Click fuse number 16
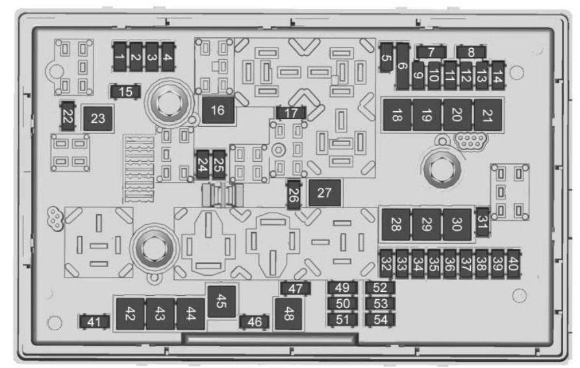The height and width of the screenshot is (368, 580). tap(218, 110)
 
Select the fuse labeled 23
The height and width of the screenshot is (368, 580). tap(97, 118)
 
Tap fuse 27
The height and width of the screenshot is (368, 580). tap(324, 192)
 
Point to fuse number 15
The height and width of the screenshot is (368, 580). tap(125, 92)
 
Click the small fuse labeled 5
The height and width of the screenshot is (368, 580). tap(386, 58)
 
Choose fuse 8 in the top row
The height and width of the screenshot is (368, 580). tap(470, 52)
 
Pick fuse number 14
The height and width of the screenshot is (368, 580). tap(498, 76)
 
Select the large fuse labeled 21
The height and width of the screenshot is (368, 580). tap(488, 115)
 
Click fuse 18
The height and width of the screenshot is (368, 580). tap(397, 115)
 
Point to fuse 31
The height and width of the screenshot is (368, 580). tap(483, 222)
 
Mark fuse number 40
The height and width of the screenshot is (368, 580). tap(513, 263)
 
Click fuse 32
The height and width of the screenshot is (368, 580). tap(386, 263)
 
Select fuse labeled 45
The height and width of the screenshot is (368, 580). tap(221, 302)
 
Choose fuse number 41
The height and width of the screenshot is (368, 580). tap(94, 322)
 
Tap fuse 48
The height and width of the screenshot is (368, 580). tap(288, 314)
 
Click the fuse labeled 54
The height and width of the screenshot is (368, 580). tap(380, 320)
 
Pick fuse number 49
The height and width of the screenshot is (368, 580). tap(342, 287)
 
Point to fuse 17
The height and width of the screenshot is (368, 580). tap(291, 113)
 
